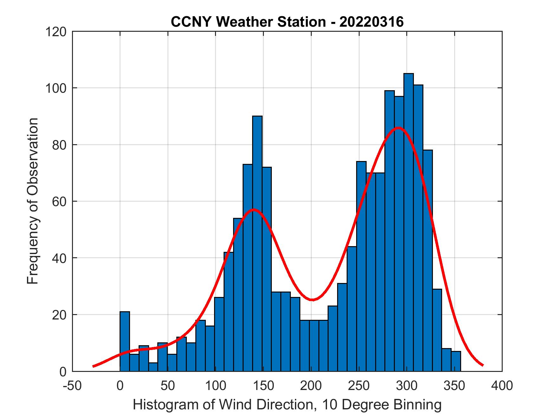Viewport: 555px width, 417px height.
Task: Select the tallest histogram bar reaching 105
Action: click(x=408, y=222)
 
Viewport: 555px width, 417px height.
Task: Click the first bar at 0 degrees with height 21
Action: click(x=125, y=341)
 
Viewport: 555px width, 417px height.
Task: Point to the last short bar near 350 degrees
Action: click(x=456, y=361)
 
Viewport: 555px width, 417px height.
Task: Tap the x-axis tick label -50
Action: click(x=73, y=386)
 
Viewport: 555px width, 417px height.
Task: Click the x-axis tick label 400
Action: click(x=502, y=386)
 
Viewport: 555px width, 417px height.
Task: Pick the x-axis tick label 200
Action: click(x=311, y=386)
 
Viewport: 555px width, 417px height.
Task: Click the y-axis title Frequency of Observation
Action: click(x=33, y=201)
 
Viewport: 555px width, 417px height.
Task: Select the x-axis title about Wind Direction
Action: click(x=287, y=405)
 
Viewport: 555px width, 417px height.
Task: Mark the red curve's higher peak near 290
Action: click(x=398, y=128)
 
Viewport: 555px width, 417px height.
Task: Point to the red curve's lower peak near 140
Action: click(x=253, y=210)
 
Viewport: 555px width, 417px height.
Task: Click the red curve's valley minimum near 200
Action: click(x=312, y=299)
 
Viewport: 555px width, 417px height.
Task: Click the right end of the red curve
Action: click(x=482, y=365)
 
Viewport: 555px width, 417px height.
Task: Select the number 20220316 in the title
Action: click(x=372, y=22)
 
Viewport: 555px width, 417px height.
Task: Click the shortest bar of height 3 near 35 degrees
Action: click(x=153, y=367)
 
